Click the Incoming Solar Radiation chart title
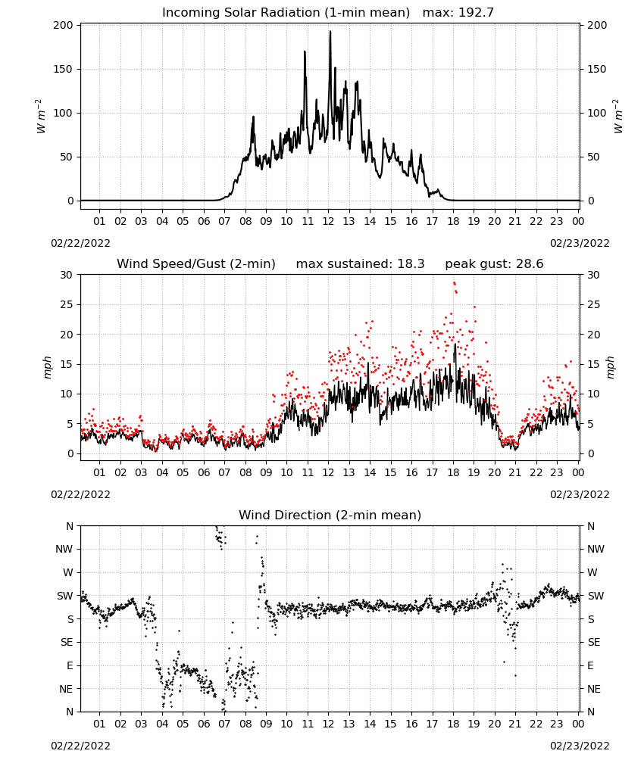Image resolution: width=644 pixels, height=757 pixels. click(286, 13)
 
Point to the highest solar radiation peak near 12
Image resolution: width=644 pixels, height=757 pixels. click(330, 32)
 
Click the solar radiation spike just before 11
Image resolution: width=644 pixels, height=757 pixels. click(305, 51)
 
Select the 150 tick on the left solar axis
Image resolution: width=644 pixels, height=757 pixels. click(63, 69)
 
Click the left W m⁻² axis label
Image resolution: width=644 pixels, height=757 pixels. click(41, 117)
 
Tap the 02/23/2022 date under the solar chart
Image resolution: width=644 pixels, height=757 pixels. click(580, 243)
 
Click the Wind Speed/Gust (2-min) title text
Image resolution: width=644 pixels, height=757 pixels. click(196, 264)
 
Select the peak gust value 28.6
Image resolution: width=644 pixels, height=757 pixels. click(529, 264)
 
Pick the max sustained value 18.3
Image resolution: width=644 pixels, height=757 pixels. click(411, 264)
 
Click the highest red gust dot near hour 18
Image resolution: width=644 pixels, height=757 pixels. click(454, 283)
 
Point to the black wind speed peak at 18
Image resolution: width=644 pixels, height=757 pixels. click(455, 344)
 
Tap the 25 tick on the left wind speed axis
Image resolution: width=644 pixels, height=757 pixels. click(67, 304)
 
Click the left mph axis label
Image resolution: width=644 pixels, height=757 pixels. click(47, 368)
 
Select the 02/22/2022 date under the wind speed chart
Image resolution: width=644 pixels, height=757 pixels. click(80, 494)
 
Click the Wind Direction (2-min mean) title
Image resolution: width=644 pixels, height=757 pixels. click(330, 515)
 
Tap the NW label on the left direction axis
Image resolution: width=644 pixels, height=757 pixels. click(64, 550)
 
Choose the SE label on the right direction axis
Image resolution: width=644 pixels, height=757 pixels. click(594, 642)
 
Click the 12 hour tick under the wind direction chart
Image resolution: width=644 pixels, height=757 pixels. click(329, 724)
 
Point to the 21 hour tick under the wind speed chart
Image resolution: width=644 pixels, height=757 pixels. click(515, 472)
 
